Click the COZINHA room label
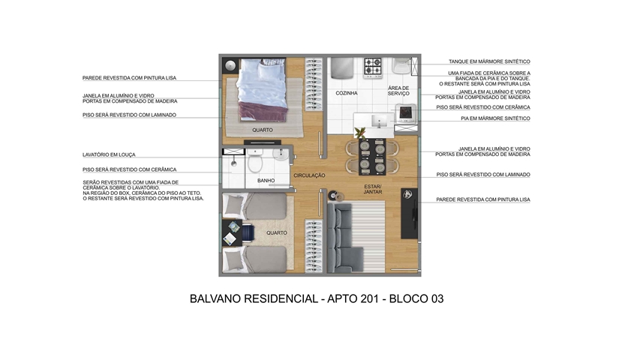pyautogui.click(x=347, y=93)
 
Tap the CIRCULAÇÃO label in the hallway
pyautogui.click(x=309, y=175)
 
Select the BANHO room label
pyautogui.click(x=266, y=181)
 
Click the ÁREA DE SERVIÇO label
pyautogui.click(x=398, y=91)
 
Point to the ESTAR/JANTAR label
pyautogui.click(x=373, y=189)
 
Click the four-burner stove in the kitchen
pyautogui.click(x=373, y=67)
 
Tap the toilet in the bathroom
pyautogui.click(x=256, y=160)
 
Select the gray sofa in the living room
pyautogui.click(x=344, y=238)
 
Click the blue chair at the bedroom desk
pyautogui.click(x=248, y=233)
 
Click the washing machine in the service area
pyautogui.click(x=406, y=113)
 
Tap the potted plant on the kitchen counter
pyautogui.click(x=360, y=133)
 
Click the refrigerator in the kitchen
pyautogui.click(x=342, y=67)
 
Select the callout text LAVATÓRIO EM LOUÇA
pyautogui.click(x=109, y=155)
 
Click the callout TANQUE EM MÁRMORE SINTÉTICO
pyautogui.click(x=489, y=61)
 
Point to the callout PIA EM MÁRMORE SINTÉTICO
pyautogui.click(x=495, y=118)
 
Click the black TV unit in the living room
pyautogui.click(x=409, y=214)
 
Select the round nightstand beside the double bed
pyautogui.click(x=231, y=66)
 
